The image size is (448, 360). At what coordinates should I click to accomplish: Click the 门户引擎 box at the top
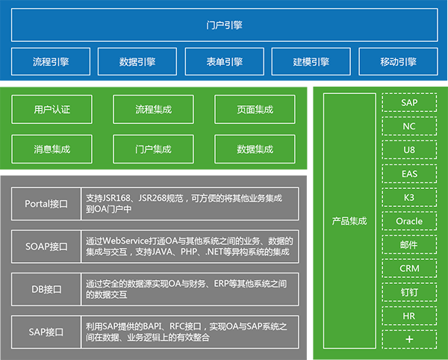[x=224, y=25]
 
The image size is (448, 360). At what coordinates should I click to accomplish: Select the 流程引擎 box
[x=51, y=62]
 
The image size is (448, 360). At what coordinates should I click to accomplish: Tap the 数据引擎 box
[x=137, y=62]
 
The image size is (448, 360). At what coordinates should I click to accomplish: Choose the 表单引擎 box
[x=224, y=62]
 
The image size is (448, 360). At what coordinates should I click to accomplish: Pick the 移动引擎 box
[x=398, y=62]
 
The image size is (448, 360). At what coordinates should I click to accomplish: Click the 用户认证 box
[x=52, y=110]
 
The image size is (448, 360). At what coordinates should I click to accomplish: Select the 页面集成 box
[x=255, y=110]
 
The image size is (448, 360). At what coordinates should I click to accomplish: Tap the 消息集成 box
[x=52, y=149]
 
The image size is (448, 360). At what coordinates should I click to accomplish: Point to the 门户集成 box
[x=153, y=149]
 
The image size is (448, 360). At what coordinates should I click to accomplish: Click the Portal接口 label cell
[x=46, y=204]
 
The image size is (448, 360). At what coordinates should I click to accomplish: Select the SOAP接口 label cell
[x=46, y=246]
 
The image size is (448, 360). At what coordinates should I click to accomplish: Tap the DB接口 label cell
[x=46, y=290]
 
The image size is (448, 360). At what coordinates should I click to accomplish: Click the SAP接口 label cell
[x=46, y=332]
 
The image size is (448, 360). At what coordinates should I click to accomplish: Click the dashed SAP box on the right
[x=409, y=102]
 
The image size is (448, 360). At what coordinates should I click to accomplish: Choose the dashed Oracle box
[x=409, y=221]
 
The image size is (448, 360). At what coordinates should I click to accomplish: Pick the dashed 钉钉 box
[x=409, y=292]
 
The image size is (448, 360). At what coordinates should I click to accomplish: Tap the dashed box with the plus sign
[x=409, y=339]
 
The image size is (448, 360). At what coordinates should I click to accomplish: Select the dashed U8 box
[x=409, y=149]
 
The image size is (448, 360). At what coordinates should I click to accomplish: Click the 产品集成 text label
[x=349, y=221]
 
